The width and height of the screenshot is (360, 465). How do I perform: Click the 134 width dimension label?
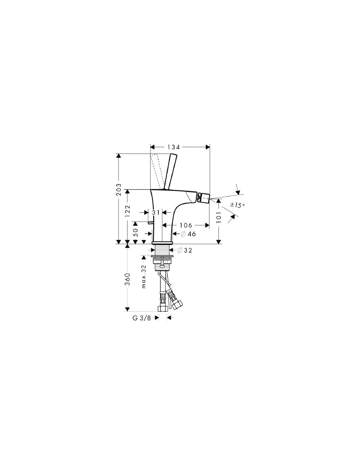173,147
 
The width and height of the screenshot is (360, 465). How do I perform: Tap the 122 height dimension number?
128,211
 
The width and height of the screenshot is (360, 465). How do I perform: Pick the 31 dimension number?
156,213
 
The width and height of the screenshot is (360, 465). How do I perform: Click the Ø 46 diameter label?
188,234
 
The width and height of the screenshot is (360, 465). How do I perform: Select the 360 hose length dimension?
128,279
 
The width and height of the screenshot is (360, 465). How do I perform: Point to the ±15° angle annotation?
237,205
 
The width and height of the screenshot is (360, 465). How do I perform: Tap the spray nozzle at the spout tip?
204,197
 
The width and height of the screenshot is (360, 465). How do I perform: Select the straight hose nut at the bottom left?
162,309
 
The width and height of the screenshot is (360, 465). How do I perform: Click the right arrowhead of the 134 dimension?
207,147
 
